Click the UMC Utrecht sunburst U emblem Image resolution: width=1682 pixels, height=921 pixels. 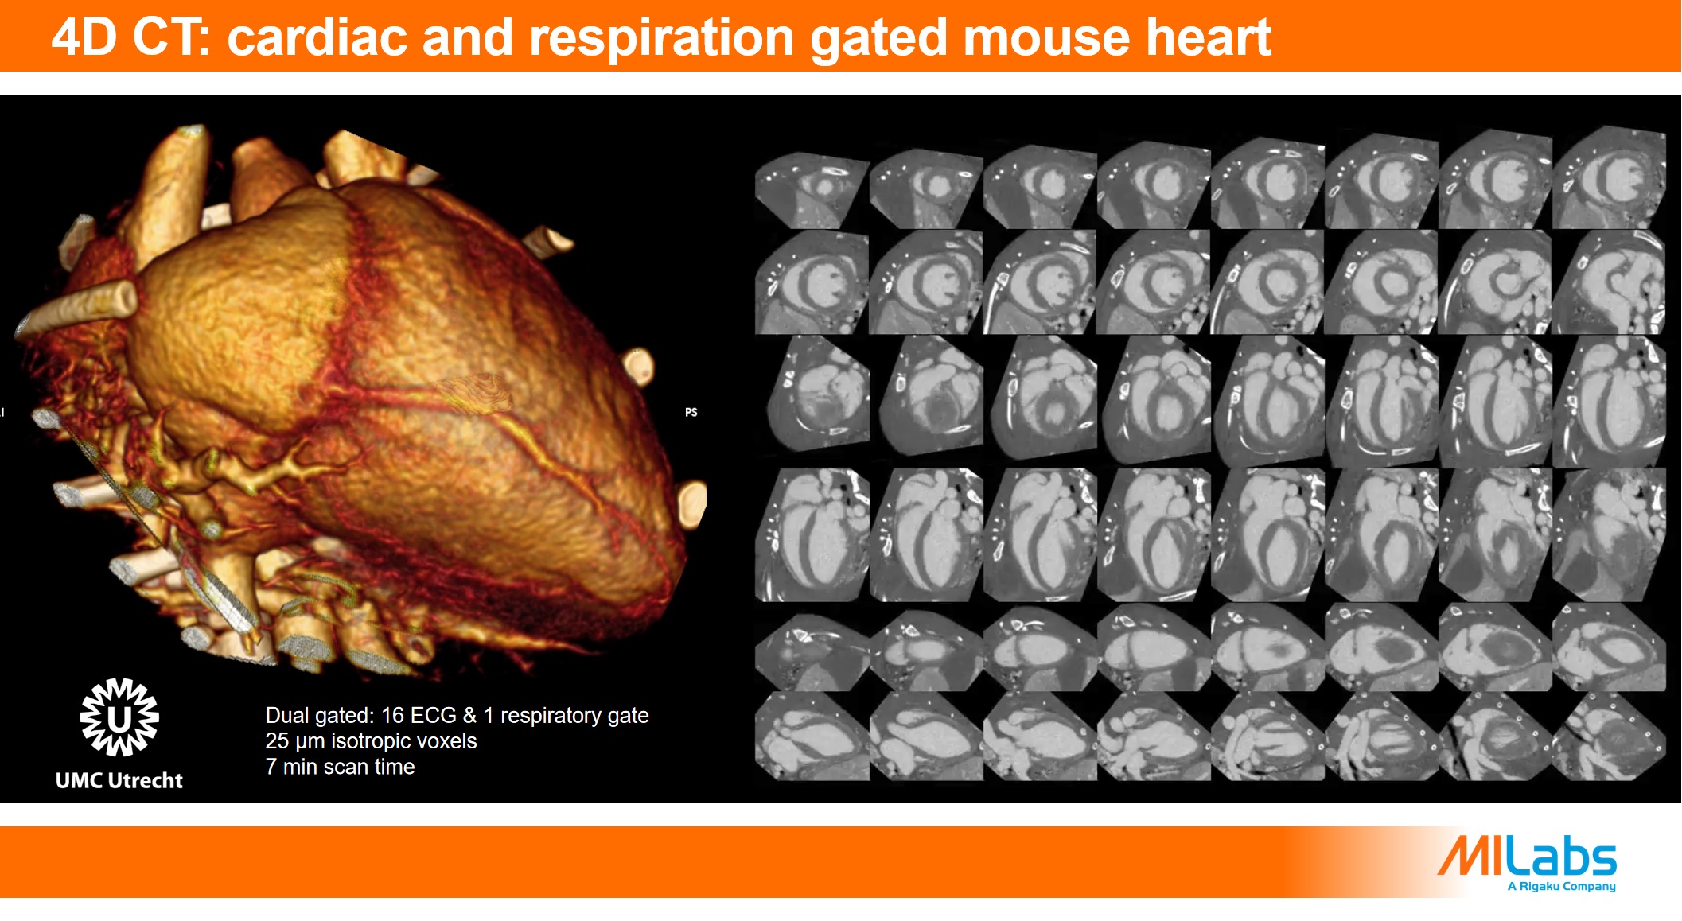pos(119,717)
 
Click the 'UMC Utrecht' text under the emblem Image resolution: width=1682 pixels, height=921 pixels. pos(119,780)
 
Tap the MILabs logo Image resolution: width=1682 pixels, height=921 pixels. pos(1527,856)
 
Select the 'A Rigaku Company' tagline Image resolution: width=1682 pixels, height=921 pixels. pos(1561,886)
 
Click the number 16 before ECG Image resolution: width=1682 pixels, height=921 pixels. pos(393,715)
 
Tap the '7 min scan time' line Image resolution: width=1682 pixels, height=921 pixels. pos(340,767)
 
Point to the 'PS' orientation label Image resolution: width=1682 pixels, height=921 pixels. pos(691,412)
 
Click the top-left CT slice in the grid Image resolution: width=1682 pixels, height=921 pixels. pos(811,189)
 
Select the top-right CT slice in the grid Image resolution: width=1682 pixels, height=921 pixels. pos(1609,177)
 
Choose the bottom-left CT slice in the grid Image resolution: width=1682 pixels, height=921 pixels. pos(811,736)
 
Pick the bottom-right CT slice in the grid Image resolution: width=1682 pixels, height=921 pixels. pos(1609,736)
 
